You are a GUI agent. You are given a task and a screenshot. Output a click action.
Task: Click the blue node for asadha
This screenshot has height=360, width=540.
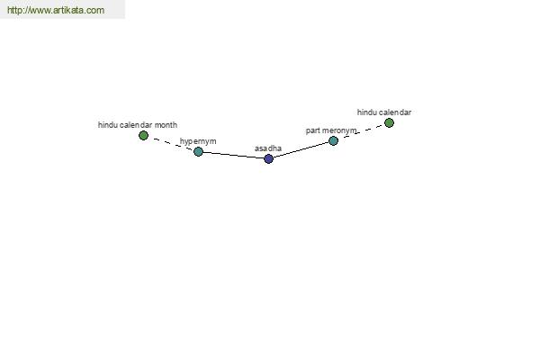pos(268,158)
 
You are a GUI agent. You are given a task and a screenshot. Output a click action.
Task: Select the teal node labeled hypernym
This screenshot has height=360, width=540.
pos(198,151)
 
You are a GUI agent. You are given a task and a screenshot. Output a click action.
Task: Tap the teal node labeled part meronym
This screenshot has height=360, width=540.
pos(333,140)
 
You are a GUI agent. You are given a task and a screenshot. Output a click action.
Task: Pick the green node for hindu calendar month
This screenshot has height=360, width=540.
pos(144,135)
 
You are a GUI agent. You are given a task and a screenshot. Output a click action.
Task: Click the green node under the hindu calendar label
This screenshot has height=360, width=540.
pos(389,122)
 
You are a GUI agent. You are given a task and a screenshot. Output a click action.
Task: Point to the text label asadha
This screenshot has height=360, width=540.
pos(268,148)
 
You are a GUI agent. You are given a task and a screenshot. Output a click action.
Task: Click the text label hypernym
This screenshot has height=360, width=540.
pos(198,141)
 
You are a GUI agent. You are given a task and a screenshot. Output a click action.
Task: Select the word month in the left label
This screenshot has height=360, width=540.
pos(166,125)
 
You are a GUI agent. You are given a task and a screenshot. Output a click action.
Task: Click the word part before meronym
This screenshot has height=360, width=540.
pos(313,130)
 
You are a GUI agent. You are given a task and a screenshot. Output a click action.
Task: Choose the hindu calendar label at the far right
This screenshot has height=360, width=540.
pos(384,112)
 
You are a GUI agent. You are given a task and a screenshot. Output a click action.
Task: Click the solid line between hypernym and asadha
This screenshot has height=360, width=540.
pos(233,156)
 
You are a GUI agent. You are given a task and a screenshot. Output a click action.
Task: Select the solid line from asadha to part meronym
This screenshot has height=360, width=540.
pos(301,149)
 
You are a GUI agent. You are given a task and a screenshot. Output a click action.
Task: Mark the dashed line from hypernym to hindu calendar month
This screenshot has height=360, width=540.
pos(171,143)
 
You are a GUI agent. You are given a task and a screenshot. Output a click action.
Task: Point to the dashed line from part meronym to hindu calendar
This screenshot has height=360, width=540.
pos(361,131)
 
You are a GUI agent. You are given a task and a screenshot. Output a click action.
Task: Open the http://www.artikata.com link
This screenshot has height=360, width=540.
pos(56,10)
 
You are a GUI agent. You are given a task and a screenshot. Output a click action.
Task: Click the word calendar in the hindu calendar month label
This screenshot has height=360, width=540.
pos(136,125)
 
